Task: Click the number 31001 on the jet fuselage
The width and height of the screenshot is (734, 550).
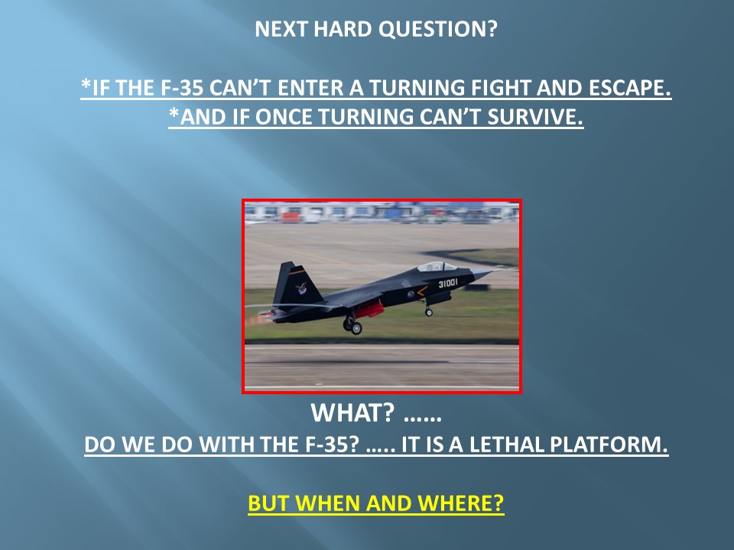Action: coord(448,283)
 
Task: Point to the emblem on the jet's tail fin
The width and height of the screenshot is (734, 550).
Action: coord(301,289)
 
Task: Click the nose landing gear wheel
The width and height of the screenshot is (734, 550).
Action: coord(428,312)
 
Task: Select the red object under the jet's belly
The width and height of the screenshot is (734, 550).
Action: coord(371,309)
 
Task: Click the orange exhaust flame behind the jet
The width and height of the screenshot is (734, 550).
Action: coord(255,320)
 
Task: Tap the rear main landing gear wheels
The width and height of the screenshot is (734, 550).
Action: coord(353,326)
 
